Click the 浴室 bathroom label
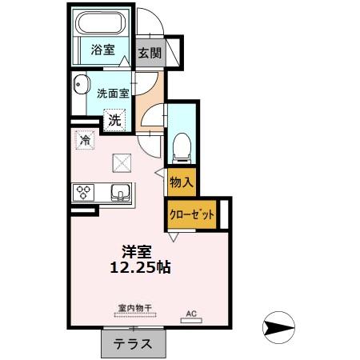point(102,50)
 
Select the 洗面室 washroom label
point(113,93)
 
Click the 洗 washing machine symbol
point(116,121)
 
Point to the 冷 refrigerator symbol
point(86,140)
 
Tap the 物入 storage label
point(181,182)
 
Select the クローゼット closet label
point(192,214)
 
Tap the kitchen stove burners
point(84,192)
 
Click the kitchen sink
point(120,193)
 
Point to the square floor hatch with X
point(122,162)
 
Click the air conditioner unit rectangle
point(190,320)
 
